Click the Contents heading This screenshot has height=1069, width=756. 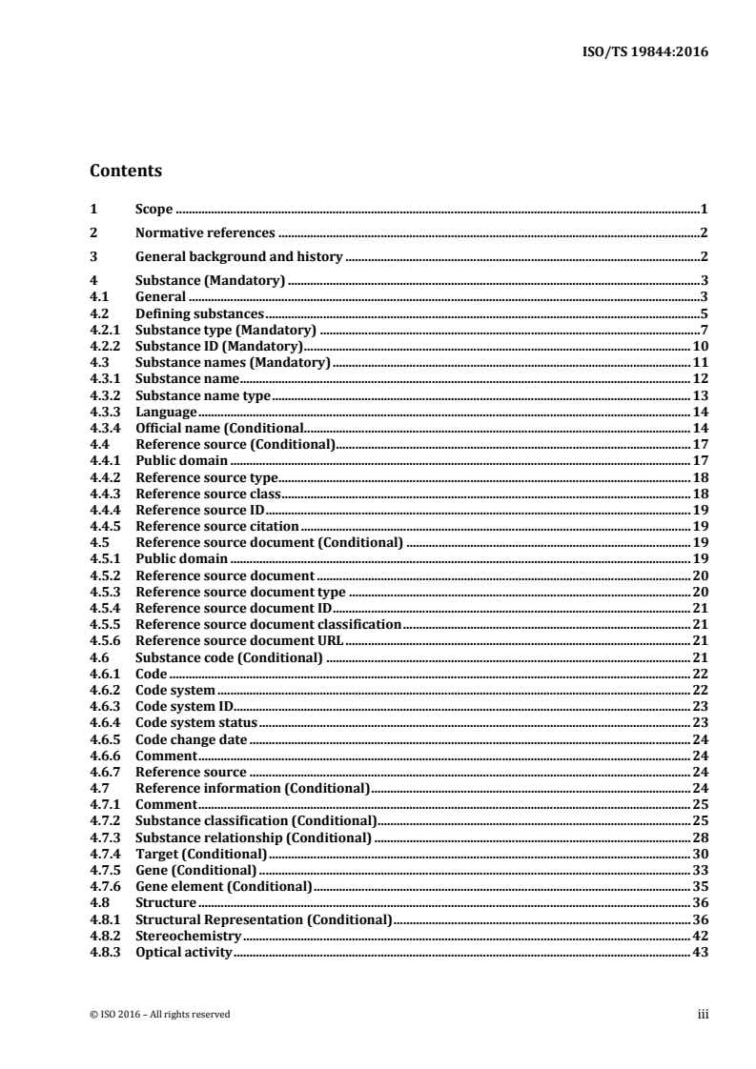125,171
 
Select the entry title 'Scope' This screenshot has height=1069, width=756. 153,208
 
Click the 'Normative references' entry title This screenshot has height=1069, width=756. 205,232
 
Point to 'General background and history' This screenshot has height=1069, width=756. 238,256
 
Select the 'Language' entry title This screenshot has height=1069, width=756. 166,412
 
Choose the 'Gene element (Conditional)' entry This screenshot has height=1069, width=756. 224,887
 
